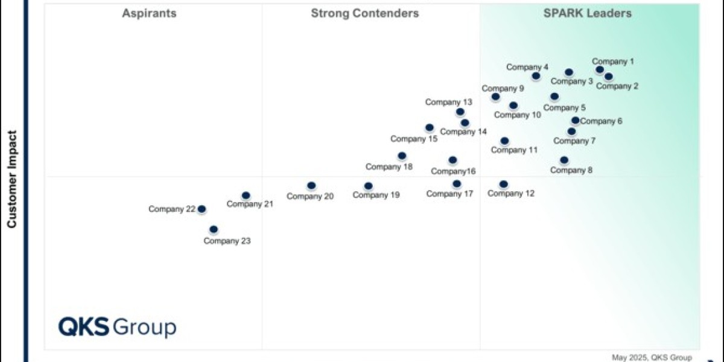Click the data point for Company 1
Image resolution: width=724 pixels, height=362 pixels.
[x=600, y=69]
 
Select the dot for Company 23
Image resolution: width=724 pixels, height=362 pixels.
[x=214, y=229]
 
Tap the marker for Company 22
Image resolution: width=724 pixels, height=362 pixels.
[x=202, y=209]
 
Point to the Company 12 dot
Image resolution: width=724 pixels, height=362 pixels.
[x=504, y=184]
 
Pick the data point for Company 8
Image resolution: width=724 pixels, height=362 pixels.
[x=564, y=160]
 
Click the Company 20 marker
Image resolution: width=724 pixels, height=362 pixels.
[x=311, y=186]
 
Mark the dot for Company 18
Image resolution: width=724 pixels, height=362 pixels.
[x=402, y=156]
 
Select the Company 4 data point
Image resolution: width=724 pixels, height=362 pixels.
[x=536, y=76]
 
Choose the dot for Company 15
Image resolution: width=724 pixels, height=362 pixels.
[x=430, y=128]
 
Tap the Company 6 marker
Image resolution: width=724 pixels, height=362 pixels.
[x=576, y=121]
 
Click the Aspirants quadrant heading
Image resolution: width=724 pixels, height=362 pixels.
[x=150, y=13]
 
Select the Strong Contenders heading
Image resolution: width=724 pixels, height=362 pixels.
[x=365, y=13]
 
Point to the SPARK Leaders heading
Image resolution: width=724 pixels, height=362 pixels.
[x=588, y=13]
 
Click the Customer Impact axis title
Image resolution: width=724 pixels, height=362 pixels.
[x=11, y=179]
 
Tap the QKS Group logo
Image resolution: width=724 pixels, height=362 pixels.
[x=117, y=327]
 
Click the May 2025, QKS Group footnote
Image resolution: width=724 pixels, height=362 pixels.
[x=652, y=357]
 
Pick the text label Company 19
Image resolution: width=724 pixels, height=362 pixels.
[x=376, y=195]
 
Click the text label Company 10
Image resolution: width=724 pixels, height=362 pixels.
[x=518, y=115]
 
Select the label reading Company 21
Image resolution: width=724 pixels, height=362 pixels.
[x=250, y=204]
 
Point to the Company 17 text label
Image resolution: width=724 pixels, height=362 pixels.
[x=449, y=194]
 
